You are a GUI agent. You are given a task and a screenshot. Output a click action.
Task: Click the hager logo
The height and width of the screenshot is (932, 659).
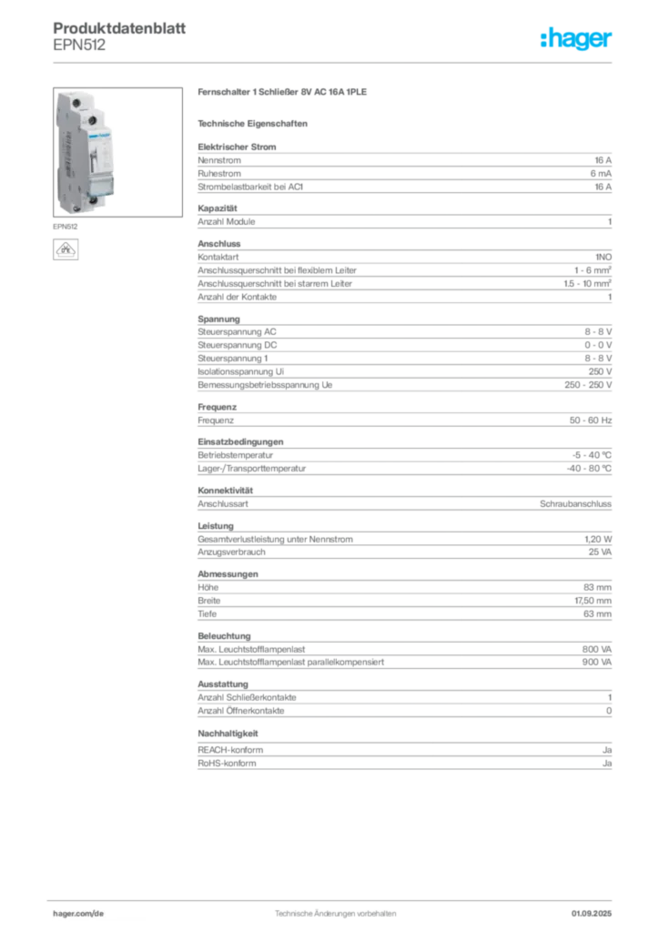pyautogui.click(x=575, y=39)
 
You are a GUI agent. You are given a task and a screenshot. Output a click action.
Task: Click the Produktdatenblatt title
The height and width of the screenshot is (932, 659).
pyautogui.click(x=119, y=28)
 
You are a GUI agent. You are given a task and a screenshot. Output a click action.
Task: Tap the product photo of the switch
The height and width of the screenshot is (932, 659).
pyautogui.click(x=117, y=152)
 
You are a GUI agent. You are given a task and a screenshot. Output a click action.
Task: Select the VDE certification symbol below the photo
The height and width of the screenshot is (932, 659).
pyautogui.click(x=66, y=249)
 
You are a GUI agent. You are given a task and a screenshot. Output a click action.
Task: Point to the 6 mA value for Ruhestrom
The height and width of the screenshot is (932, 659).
pyautogui.click(x=601, y=174)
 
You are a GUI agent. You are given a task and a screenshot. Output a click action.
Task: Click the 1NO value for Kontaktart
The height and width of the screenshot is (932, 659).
pyautogui.click(x=603, y=257)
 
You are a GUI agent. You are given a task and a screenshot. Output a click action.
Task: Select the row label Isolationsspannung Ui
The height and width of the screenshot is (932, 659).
pyautogui.click(x=240, y=371)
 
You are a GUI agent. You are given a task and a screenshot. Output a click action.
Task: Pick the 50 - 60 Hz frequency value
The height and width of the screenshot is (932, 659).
pyautogui.click(x=590, y=420)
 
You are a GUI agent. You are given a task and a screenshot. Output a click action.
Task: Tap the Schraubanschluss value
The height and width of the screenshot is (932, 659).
pyautogui.click(x=575, y=503)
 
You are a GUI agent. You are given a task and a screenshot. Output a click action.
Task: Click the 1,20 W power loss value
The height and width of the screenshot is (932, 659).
pyautogui.click(x=598, y=539)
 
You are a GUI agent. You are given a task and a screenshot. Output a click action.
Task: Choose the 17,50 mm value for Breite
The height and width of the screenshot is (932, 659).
pyautogui.click(x=593, y=601)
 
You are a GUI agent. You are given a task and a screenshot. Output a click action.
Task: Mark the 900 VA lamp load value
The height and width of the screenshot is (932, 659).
pyautogui.click(x=596, y=663)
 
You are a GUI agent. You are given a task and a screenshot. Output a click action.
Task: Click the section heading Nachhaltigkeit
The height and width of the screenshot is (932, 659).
pyautogui.click(x=228, y=734)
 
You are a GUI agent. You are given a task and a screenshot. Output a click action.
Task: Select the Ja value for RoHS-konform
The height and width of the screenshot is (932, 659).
pyautogui.click(x=607, y=764)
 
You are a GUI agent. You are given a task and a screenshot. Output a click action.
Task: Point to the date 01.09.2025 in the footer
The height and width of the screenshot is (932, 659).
pyautogui.click(x=592, y=914)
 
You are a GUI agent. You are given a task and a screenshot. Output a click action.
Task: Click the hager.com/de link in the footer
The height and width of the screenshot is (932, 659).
pyautogui.click(x=78, y=914)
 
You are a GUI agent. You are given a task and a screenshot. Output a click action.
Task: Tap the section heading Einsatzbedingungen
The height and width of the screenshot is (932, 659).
pyautogui.click(x=240, y=441)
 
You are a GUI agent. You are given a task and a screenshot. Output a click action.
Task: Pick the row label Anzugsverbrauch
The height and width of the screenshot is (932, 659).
pyautogui.click(x=231, y=552)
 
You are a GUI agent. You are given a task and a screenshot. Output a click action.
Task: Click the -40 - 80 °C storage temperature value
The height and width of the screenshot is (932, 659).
pyautogui.click(x=589, y=469)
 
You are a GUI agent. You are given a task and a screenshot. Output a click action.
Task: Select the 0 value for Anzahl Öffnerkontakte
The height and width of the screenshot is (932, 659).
pyautogui.click(x=609, y=711)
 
